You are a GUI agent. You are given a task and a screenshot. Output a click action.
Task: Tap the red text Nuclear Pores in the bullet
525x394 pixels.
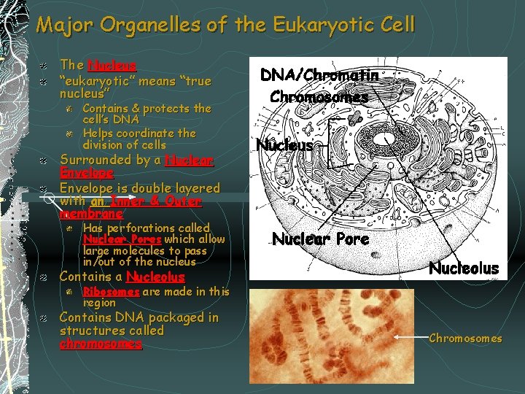[x=122, y=239]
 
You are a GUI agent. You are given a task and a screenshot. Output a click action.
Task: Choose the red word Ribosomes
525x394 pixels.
[x=111, y=291]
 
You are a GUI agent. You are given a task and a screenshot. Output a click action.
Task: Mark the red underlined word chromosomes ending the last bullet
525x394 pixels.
[x=101, y=344]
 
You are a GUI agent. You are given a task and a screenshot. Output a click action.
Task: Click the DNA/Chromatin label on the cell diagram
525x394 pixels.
[x=320, y=75]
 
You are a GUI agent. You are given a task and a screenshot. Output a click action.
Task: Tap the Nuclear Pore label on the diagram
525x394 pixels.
[x=320, y=238]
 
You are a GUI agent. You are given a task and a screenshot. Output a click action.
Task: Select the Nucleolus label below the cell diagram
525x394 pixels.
[x=463, y=269]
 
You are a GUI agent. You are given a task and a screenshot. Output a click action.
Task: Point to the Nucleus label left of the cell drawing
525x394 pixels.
[x=284, y=145]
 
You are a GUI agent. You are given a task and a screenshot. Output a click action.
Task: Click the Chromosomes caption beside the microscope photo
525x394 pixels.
[x=465, y=339]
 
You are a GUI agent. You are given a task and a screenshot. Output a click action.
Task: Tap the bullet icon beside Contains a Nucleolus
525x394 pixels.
[x=44, y=277]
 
